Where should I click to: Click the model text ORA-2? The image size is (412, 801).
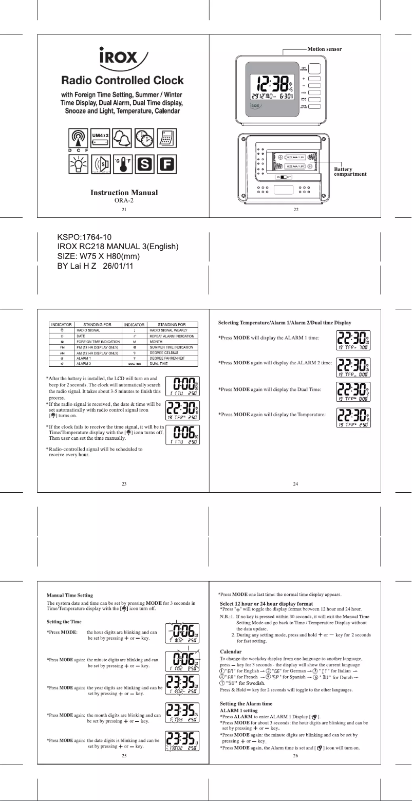(x=123, y=201)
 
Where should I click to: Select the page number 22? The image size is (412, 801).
(x=294, y=210)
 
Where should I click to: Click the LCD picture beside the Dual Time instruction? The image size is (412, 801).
(x=353, y=393)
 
